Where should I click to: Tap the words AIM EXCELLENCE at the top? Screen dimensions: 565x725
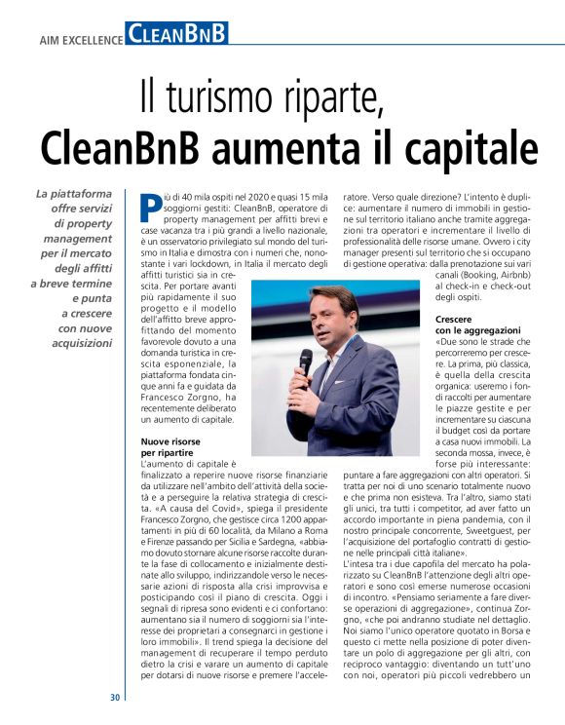(81, 40)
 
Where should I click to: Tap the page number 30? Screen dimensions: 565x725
(115, 697)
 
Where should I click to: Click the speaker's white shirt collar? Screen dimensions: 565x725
(328, 340)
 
